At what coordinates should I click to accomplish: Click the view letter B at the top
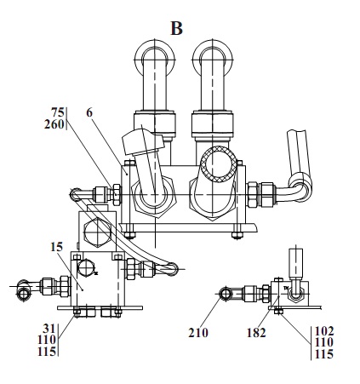coord(176,28)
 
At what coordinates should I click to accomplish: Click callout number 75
coord(58,112)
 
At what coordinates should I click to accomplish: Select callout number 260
coord(54,124)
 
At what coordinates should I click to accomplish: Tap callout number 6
coord(89,113)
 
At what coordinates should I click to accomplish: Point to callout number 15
coord(56,247)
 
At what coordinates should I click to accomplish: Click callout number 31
coord(49,329)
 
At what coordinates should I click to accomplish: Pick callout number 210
coord(198,333)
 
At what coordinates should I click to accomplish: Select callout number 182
coord(256,333)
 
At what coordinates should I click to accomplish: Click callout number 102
coord(324,331)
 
